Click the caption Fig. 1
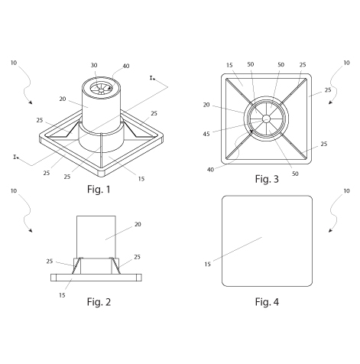click(99, 190)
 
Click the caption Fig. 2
click(99, 302)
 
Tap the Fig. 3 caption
click(267, 179)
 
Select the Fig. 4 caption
click(267, 302)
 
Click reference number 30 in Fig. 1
click(94, 65)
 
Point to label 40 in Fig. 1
click(126, 66)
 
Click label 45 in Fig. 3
click(206, 134)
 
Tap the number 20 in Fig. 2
click(138, 224)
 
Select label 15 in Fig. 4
click(208, 265)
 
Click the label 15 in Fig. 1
click(141, 179)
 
